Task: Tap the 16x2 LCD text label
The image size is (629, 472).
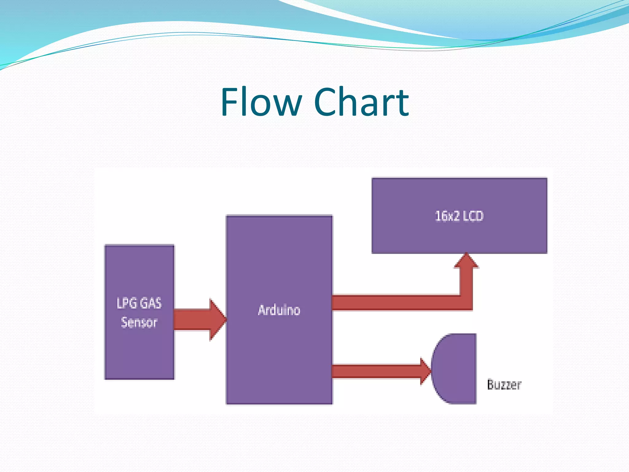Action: pyautogui.click(x=459, y=216)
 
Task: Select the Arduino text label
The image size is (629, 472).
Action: pyautogui.click(x=279, y=310)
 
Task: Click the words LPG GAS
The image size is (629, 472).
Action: pyautogui.click(x=139, y=303)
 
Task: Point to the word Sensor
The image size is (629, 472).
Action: pyautogui.click(x=139, y=322)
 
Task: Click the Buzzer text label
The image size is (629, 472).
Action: pyautogui.click(x=504, y=384)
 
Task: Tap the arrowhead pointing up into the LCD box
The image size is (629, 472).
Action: pyautogui.click(x=466, y=261)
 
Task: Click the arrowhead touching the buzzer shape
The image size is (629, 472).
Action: pyautogui.click(x=425, y=371)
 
